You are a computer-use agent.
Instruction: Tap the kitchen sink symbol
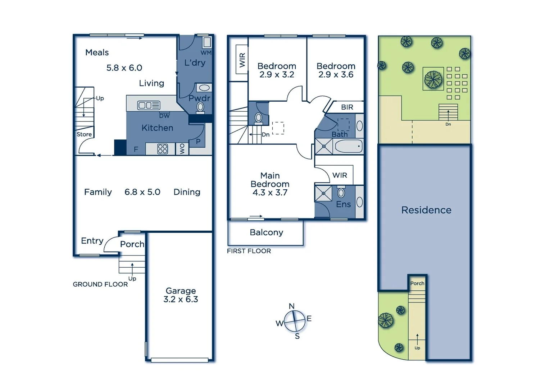[149, 105]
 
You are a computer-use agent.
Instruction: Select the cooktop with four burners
[163, 149]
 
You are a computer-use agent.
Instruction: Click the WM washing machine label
[206, 53]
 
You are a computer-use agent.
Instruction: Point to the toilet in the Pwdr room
[200, 107]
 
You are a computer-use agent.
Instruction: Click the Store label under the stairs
[84, 134]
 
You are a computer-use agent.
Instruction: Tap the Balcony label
[266, 232]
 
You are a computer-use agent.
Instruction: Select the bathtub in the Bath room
[348, 147]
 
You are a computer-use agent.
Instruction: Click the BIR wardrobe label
[347, 107]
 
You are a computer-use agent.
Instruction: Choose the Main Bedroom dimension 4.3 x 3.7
[270, 193]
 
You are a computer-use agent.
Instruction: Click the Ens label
[343, 204]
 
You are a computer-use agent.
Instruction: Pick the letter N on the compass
[292, 306]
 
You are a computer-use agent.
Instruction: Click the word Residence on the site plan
[426, 210]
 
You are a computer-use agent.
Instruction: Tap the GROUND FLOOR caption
[100, 284]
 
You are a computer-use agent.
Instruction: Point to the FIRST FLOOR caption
[249, 251]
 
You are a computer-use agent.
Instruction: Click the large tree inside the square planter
[433, 79]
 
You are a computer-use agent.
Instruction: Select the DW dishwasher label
[164, 116]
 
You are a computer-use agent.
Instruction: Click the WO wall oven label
[182, 149]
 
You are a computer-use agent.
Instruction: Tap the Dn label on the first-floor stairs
[266, 135]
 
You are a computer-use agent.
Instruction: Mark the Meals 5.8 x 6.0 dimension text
[124, 68]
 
